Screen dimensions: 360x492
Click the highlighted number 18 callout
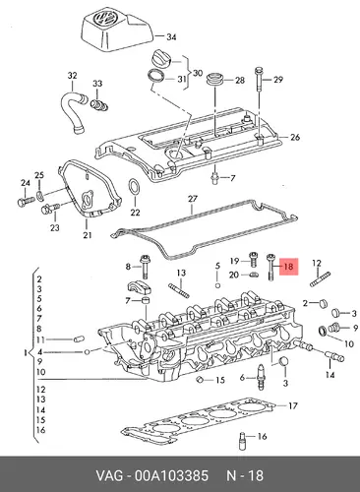(288, 266)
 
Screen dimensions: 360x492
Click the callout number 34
(171, 37)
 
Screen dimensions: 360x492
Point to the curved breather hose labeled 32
(71, 110)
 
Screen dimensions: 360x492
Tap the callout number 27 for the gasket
(193, 199)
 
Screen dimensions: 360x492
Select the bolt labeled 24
(26, 201)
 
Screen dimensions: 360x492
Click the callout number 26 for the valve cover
(295, 137)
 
